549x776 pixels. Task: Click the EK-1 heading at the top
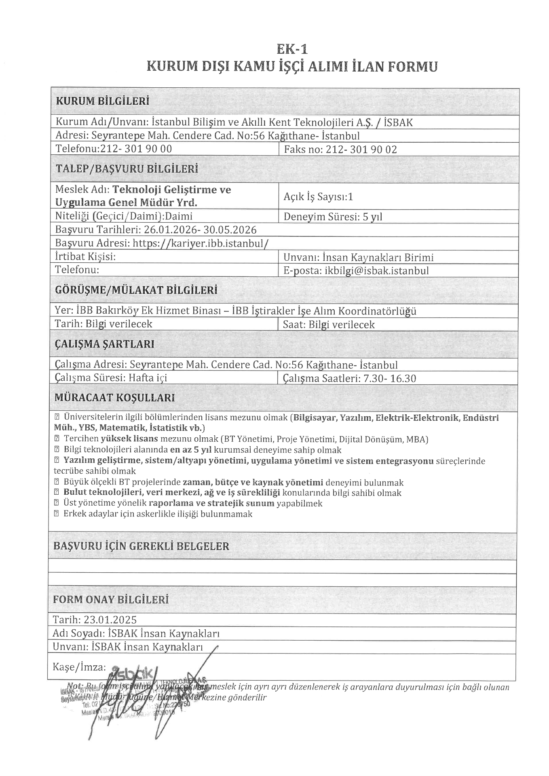tap(292, 49)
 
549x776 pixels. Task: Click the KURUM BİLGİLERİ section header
tap(102, 101)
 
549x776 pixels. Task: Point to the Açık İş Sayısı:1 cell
tap(318, 196)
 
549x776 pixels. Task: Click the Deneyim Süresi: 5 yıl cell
tap(333, 217)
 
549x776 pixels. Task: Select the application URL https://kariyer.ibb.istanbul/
tap(200, 243)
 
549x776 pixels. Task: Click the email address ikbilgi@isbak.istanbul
tap(376, 271)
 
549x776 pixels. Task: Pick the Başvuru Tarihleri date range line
tap(156, 230)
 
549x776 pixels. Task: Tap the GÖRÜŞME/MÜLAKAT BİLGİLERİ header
tap(136, 290)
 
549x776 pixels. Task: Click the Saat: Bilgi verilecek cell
tap(329, 325)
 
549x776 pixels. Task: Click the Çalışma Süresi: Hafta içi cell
tap(111, 378)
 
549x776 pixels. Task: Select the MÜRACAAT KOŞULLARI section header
tap(114, 398)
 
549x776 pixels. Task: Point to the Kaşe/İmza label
tap(79, 666)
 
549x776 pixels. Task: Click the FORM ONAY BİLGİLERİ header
tap(110, 600)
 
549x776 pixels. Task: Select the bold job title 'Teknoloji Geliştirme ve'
tap(171, 190)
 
